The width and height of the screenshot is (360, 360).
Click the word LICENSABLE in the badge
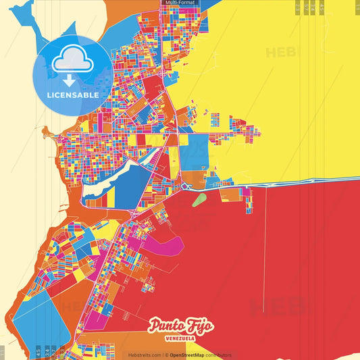click(x=73, y=95)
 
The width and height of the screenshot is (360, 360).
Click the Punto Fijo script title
click(x=182, y=326)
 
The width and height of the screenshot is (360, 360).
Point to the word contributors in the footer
click(x=217, y=355)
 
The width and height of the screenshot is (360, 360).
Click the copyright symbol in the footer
click(x=165, y=355)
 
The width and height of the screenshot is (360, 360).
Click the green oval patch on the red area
click(x=199, y=199)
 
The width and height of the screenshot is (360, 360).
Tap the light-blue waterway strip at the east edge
click(x=311, y=179)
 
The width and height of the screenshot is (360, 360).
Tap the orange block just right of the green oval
click(x=230, y=195)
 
